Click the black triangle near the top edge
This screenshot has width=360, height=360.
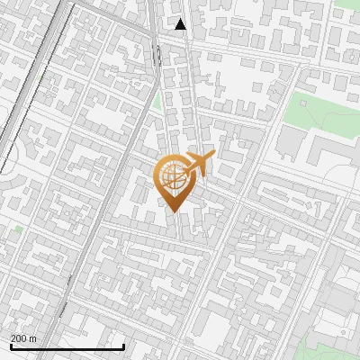click(181, 24)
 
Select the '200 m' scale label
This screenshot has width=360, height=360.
click(23, 338)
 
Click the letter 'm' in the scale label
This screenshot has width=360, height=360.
click(32, 338)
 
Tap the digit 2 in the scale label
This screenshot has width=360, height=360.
click(13, 338)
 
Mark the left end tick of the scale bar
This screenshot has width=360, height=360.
click(11, 346)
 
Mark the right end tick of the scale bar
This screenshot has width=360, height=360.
click(123, 346)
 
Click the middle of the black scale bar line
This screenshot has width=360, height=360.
click(67, 346)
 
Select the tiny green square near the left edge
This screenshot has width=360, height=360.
click(19, 229)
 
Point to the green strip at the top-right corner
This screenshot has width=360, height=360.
click(347, 4)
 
